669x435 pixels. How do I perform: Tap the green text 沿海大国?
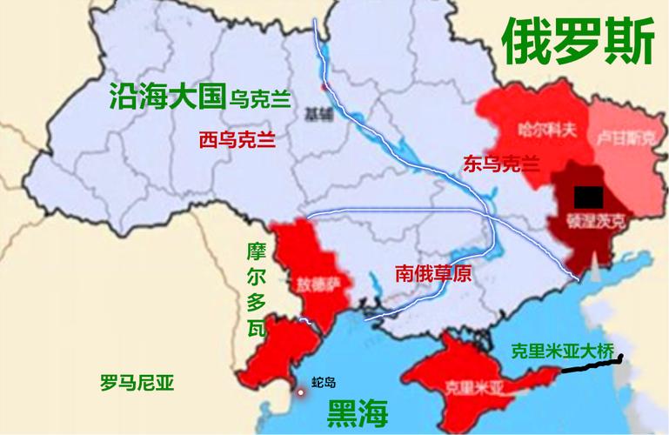pyautogui.click(x=167, y=96)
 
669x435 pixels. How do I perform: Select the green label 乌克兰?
pyautogui.click(x=260, y=98)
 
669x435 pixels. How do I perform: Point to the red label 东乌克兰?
pyautogui.click(x=501, y=162)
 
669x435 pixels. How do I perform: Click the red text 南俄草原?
pyautogui.click(x=432, y=273)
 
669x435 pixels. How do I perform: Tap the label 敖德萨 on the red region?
pyautogui.click(x=314, y=283)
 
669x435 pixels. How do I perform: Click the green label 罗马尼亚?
pyautogui.click(x=137, y=381)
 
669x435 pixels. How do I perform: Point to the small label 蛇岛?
pyautogui.click(x=324, y=382)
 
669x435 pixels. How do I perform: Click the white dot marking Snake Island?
pyautogui.click(x=300, y=392)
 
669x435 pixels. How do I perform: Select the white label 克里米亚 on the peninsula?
pyautogui.click(x=469, y=384)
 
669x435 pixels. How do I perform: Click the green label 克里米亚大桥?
pyautogui.click(x=562, y=351)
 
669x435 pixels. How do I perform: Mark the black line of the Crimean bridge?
pyautogui.click(x=591, y=365)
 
